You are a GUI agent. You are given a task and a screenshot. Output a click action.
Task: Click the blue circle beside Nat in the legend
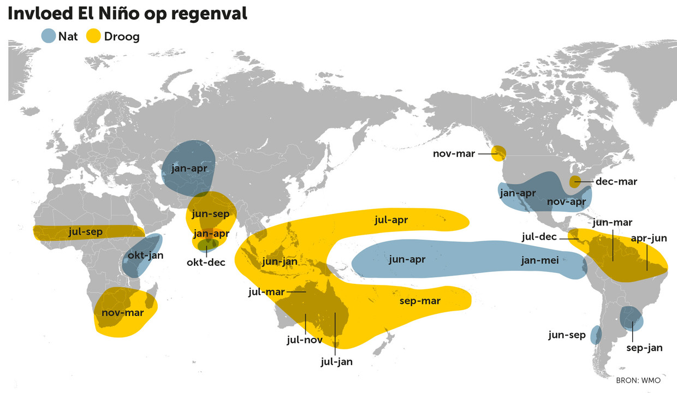click(x=49, y=37)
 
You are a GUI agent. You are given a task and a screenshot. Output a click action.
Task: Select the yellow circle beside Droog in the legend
click(x=94, y=37)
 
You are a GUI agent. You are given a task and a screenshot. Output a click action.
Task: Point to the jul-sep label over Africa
click(x=86, y=231)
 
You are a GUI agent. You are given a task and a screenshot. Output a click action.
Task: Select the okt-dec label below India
click(x=205, y=262)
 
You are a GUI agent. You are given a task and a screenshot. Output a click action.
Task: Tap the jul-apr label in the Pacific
click(x=392, y=219)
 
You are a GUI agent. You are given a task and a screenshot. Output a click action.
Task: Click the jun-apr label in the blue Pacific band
click(x=407, y=259)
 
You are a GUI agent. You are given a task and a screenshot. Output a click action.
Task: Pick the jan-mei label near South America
click(x=539, y=260)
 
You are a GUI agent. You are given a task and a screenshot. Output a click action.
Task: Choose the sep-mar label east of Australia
click(x=420, y=301)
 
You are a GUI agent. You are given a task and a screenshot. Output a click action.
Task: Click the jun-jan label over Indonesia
click(x=280, y=261)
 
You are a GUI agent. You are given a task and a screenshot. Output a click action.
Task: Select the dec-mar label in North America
click(x=616, y=181)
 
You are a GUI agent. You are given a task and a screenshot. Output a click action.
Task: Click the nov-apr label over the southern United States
click(x=566, y=201)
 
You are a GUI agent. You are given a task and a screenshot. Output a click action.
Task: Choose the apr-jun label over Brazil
click(x=648, y=238)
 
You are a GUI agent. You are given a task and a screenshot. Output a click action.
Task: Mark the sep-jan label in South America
click(x=644, y=347)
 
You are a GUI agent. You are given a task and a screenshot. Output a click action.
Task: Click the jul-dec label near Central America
click(x=539, y=237)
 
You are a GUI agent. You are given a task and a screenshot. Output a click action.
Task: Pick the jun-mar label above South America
click(x=611, y=222)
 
